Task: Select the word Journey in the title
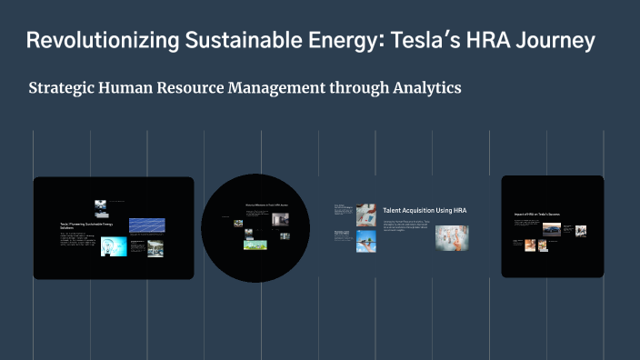(553, 41)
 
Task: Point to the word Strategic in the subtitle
(65, 88)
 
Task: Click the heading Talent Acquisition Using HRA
(425, 210)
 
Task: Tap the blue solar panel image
(146, 225)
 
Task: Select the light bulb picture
(115, 246)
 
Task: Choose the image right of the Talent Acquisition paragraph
(452, 237)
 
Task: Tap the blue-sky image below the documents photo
(366, 241)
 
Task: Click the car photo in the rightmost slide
(551, 229)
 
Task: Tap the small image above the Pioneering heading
(101, 205)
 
